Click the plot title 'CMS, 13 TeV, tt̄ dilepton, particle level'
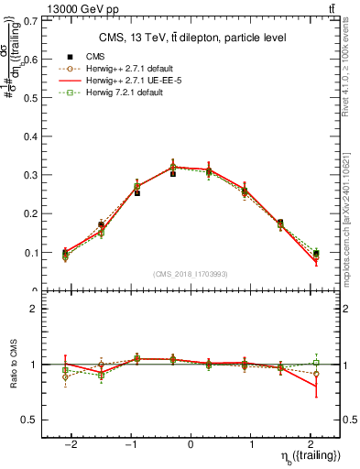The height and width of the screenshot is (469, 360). [x=191, y=38]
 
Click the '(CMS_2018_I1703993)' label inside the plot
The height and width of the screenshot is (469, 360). [x=191, y=274]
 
